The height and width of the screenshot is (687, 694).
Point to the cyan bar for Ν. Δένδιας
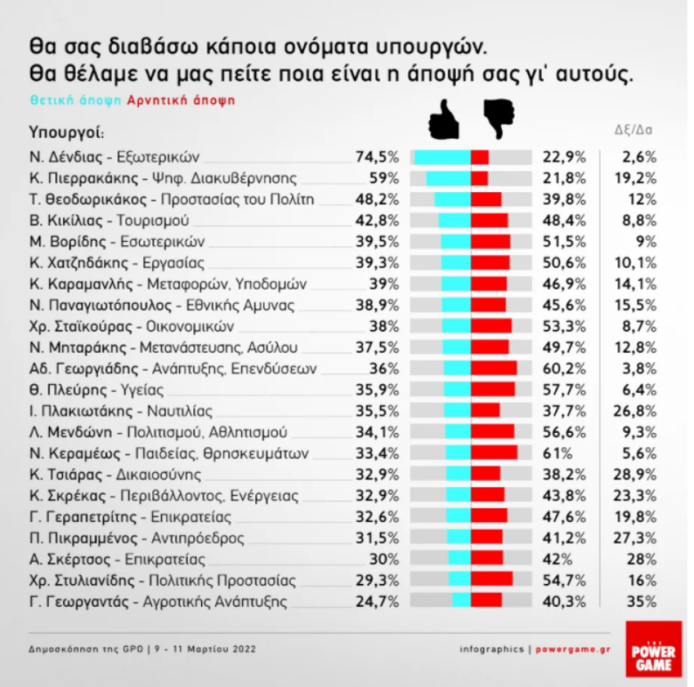click(x=441, y=157)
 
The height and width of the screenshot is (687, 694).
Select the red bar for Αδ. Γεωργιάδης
click(x=494, y=368)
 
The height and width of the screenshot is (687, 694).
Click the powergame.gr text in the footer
click(x=573, y=649)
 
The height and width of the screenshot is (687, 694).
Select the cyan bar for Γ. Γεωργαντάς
click(x=461, y=601)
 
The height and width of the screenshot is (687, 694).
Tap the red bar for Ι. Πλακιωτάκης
click(x=485, y=410)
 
